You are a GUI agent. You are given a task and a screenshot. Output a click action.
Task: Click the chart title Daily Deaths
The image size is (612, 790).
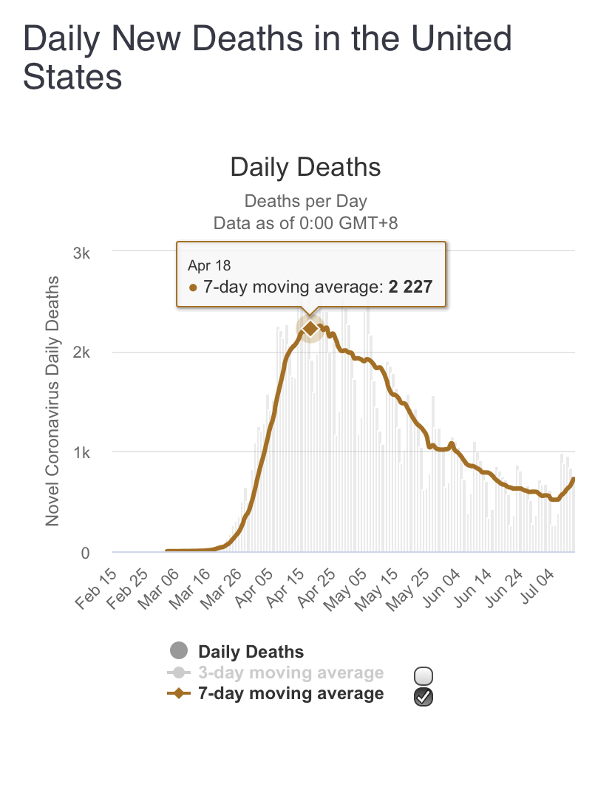pyautogui.click(x=305, y=167)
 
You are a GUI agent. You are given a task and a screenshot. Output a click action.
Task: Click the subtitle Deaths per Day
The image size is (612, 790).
pyautogui.click(x=305, y=201)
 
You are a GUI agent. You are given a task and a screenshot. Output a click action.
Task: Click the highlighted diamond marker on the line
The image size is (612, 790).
pyautogui.click(x=310, y=328)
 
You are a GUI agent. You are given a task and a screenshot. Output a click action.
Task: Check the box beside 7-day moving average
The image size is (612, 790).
pyautogui.click(x=424, y=695)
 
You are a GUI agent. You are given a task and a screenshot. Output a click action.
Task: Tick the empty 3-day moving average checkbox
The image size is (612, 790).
pyautogui.click(x=424, y=675)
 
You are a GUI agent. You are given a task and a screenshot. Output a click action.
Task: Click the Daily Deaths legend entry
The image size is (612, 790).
pyautogui.click(x=251, y=652)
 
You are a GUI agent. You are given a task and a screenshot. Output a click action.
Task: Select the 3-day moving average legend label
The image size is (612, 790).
pyautogui.click(x=290, y=672)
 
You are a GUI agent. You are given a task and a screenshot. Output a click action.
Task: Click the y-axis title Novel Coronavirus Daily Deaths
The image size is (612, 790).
pyautogui.click(x=52, y=401)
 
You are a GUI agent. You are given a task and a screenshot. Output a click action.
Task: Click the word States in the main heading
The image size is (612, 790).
pyautogui.click(x=72, y=77)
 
